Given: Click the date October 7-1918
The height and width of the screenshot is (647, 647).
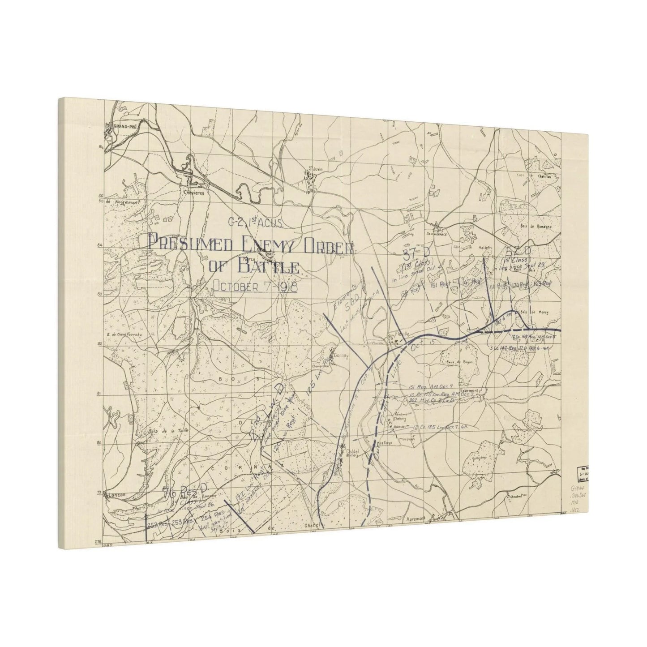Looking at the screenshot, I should [255, 286].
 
